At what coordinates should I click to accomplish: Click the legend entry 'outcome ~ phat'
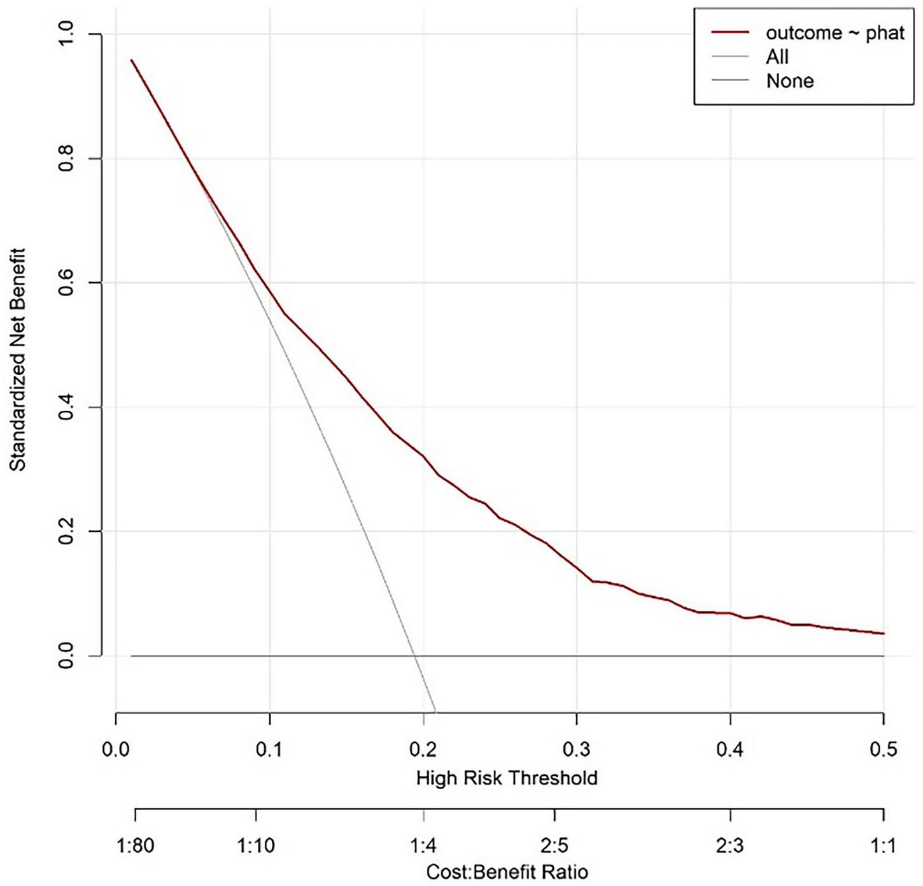tap(835, 33)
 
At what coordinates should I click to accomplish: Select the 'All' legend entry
tap(777, 57)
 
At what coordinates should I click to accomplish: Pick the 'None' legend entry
tap(789, 81)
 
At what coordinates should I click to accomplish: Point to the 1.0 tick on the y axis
tap(66, 34)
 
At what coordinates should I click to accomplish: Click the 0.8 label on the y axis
tap(66, 159)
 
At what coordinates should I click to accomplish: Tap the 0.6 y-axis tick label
tap(66, 283)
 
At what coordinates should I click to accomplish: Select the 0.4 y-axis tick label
tap(66, 407)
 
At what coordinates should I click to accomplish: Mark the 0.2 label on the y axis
tap(66, 531)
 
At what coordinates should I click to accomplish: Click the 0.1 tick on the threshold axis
tap(269, 749)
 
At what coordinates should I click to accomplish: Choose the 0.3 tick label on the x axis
tap(576, 749)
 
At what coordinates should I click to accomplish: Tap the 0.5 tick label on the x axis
tap(883, 749)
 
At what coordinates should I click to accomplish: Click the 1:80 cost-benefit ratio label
tap(136, 846)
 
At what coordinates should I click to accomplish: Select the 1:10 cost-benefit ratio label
tap(256, 846)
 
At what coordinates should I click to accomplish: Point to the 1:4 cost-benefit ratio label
tap(423, 846)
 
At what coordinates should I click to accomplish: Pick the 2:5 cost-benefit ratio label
tap(554, 846)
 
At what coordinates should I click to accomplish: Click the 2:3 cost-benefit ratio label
tap(730, 846)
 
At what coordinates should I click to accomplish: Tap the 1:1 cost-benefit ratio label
tap(883, 846)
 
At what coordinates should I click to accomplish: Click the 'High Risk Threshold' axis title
tap(507, 778)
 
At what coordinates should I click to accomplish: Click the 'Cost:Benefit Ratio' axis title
tap(507, 871)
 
